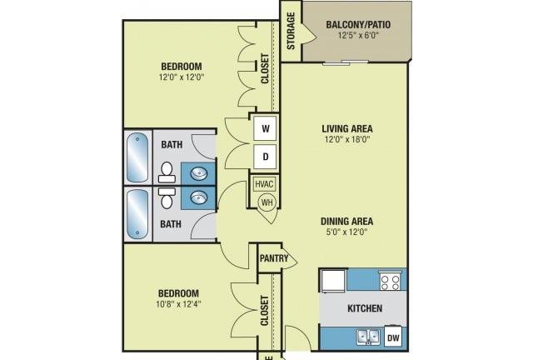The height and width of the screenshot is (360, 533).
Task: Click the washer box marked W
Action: tap(266, 128)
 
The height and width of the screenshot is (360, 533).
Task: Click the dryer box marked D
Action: tap(266, 157)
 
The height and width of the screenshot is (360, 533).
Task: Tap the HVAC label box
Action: tap(264, 184)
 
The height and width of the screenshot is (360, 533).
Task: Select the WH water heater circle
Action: tap(266, 202)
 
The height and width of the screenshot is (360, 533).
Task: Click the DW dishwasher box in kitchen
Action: tap(393, 337)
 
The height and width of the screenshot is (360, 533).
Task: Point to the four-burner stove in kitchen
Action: tap(390, 282)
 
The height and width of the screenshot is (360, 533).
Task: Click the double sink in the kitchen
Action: tap(368, 337)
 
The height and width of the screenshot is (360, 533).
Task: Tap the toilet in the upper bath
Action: tap(167, 172)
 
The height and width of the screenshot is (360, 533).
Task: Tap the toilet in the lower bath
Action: tap(167, 197)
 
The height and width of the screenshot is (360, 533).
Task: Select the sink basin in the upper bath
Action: tap(199, 174)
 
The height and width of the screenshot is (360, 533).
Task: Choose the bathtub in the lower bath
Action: tap(137, 214)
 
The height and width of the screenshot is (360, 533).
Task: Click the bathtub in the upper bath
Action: tap(137, 157)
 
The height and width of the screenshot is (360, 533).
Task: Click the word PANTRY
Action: tap(274, 258)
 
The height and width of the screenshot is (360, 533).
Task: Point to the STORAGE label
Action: tap(291, 31)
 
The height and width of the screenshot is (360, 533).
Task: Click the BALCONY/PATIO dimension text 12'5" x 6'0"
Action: tap(358, 35)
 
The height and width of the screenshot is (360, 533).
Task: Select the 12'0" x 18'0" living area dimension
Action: tap(347, 139)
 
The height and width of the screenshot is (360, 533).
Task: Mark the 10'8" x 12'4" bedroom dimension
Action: tap(178, 304)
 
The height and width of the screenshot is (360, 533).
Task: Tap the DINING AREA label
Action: tap(346, 222)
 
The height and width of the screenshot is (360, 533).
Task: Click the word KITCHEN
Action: tap(365, 308)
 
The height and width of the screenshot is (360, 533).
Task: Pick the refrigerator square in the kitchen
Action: tap(333, 280)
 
